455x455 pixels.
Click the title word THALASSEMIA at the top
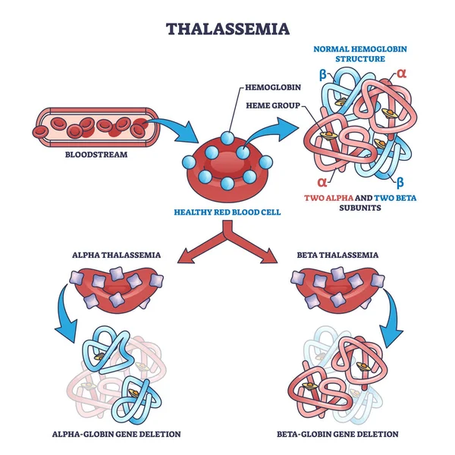coord(227,30)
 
